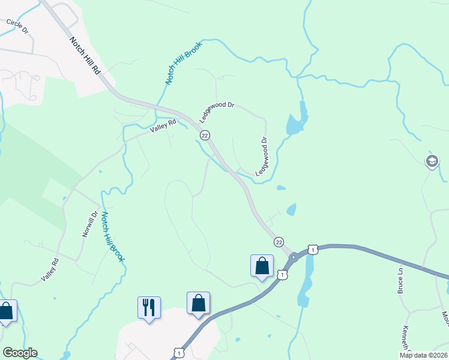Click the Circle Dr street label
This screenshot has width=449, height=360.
click(17, 26)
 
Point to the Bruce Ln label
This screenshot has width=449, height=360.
click(399, 281)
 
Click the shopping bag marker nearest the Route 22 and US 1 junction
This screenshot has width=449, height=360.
click(262, 266)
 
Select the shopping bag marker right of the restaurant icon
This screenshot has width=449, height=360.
click(198, 303)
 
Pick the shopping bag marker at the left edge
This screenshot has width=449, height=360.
click(6, 311)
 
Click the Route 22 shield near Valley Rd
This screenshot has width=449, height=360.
click(205, 136)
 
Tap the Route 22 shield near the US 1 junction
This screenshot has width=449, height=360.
click(279, 241)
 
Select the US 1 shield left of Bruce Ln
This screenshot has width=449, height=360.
click(312, 248)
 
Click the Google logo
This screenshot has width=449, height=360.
click(20, 353)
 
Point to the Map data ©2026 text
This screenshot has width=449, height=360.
click(424, 355)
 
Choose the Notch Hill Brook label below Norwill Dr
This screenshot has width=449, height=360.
click(112, 237)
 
